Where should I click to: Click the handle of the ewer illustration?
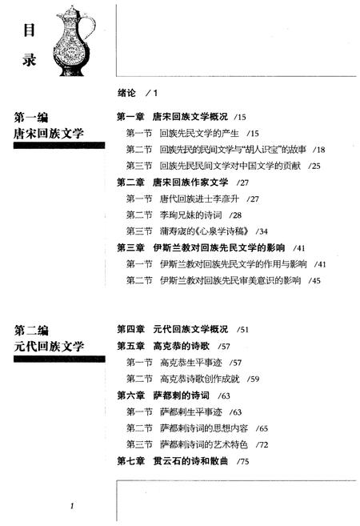90,29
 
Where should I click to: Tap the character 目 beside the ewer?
29,30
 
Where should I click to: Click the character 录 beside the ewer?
29,59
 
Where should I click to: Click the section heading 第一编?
31,118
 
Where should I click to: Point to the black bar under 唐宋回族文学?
59,145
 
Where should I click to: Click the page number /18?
318,150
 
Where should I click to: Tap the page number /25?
314,166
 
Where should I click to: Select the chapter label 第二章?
130,183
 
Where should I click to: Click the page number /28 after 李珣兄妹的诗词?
235,215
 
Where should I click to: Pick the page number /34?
262,231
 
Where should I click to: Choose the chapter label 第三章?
130,248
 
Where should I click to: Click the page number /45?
314,280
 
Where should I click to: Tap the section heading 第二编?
31,331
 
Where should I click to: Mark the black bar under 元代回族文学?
59,359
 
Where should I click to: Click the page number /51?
242,330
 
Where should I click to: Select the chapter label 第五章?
130,346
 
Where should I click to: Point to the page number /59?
253,379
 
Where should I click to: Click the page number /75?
242,462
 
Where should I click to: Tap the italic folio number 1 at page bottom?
72,506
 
